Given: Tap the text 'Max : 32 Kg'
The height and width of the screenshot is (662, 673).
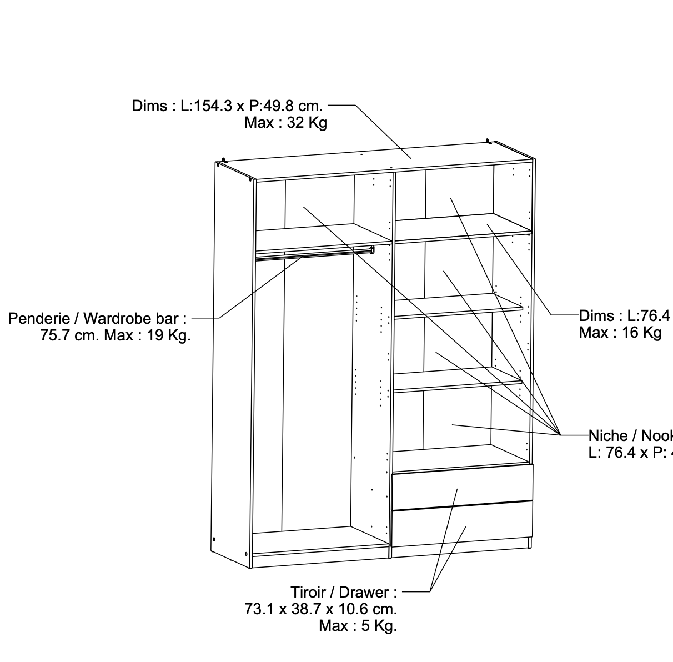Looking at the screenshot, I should (x=285, y=123).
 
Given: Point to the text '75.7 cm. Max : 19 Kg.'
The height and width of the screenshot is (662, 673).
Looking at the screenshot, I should (x=115, y=336).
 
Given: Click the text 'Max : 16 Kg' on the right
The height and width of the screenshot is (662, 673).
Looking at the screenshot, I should (x=620, y=333).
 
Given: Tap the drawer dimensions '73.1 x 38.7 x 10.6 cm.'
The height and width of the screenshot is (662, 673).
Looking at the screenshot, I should (x=321, y=609).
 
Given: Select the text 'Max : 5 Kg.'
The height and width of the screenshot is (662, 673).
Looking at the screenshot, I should (x=358, y=626).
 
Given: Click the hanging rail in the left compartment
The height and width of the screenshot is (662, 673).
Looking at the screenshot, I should (x=314, y=254).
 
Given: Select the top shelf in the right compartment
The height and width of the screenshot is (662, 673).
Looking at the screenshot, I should (x=461, y=227).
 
